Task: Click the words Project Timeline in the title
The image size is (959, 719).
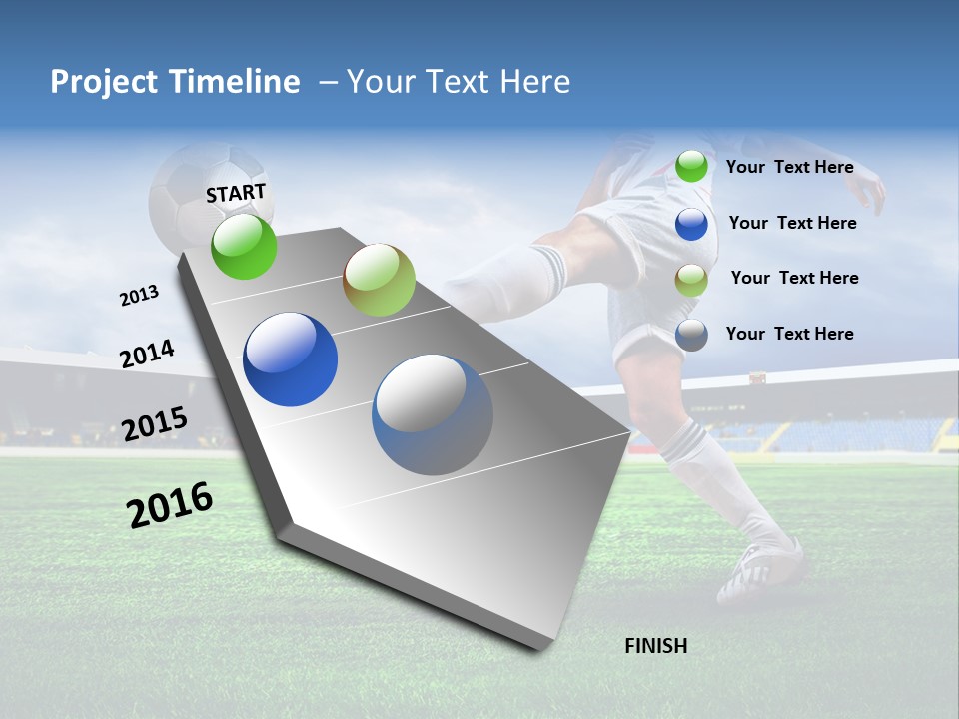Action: pyautogui.click(x=175, y=82)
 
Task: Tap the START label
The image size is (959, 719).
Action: pyautogui.click(x=236, y=193)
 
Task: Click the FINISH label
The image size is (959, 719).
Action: pyautogui.click(x=656, y=646)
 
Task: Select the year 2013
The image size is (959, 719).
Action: pyautogui.click(x=139, y=296)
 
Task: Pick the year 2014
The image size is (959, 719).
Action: pyautogui.click(x=147, y=354)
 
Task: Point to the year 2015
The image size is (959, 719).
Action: pyautogui.click(x=154, y=424)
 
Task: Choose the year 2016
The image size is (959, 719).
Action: pyautogui.click(x=170, y=505)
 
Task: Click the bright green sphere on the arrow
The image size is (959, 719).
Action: pyautogui.click(x=244, y=247)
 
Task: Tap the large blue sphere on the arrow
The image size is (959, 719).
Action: pyautogui.click(x=290, y=359)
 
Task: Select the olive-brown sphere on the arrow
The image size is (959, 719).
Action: pyautogui.click(x=379, y=280)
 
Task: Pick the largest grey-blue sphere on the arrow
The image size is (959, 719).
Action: pyautogui.click(x=433, y=414)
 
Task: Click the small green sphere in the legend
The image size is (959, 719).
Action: pyautogui.click(x=691, y=166)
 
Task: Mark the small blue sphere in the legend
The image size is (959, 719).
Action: pyautogui.click(x=691, y=223)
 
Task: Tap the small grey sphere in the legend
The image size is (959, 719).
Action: pyautogui.click(x=691, y=334)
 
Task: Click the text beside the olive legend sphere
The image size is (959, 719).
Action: pyautogui.click(x=794, y=278)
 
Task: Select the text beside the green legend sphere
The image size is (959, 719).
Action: pyautogui.click(x=789, y=167)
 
